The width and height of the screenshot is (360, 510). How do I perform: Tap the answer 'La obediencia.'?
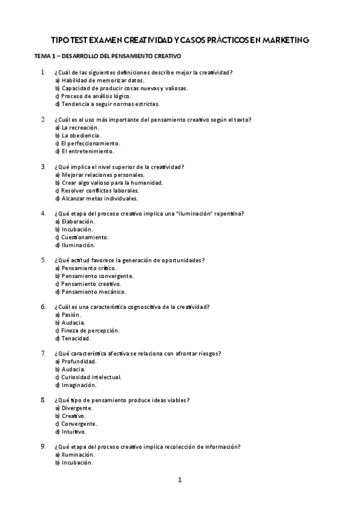pyautogui.click(x=84, y=135)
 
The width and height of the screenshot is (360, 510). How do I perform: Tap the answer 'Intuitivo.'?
pyautogui.click(x=74, y=431)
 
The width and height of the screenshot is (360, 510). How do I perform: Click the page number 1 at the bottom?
pyautogui.click(x=179, y=480)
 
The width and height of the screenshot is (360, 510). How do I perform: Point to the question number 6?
pyautogui.click(x=43, y=307)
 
